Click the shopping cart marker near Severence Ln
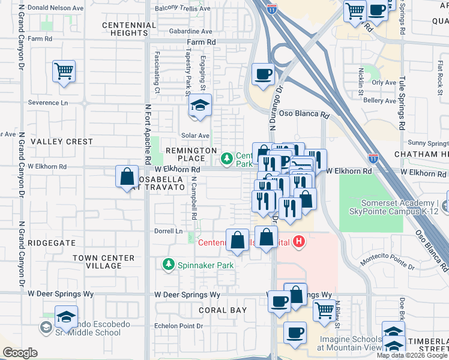pyautogui.click(x=64, y=72)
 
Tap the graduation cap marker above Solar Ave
pyautogui.click(x=200, y=106)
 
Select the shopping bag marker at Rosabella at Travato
pyautogui.click(x=127, y=177)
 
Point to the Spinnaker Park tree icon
pyautogui.click(x=169, y=264)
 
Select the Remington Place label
pyautogui.click(x=191, y=154)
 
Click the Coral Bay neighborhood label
pyautogui.click(x=223, y=310)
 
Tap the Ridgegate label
pyautogui.click(x=52, y=244)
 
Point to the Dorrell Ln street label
pyautogui.click(x=170, y=231)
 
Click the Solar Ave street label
pyautogui.click(x=196, y=136)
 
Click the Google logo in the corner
pyautogui.click(x=20, y=352)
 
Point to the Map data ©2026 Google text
pyautogui.click(x=411, y=355)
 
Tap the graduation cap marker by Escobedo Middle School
pyautogui.click(x=66, y=316)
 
